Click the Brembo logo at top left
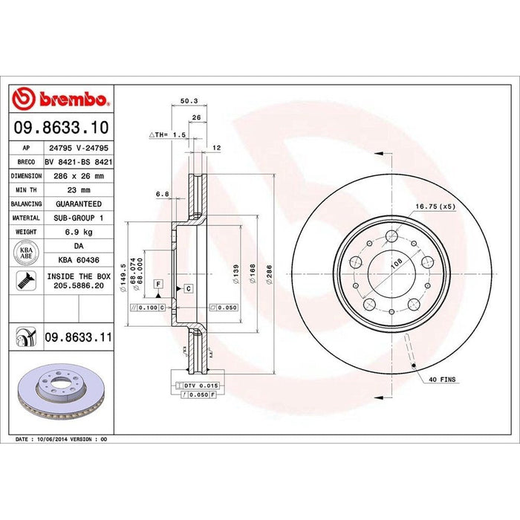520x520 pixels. point(62,100)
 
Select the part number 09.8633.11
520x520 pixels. point(79,337)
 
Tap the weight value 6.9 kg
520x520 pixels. point(78,233)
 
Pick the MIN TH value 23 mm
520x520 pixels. point(78,189)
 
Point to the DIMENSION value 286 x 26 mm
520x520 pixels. point(78,175)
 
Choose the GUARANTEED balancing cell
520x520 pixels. point(78,204)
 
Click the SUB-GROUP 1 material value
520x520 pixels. point(78,218)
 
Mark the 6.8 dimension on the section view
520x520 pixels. point(162,195)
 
